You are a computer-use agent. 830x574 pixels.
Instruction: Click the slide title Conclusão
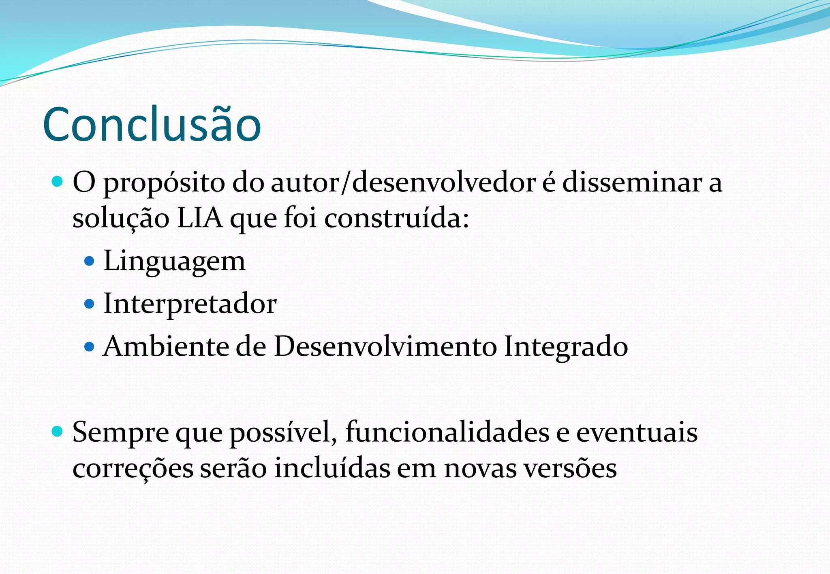pyautogui.click(x=152, y=125)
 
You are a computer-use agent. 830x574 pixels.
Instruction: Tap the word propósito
pyautogui.click(x=164, y=183)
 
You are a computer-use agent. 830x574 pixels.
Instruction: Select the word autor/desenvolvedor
pyautogui.click(x=403, y=183)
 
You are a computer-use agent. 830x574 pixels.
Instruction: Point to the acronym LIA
pyautogui.click(x=200, y=218)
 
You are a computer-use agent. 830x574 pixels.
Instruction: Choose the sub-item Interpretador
pyautogui.click(x=190, y=304)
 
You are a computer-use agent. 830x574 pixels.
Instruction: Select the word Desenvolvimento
pyautogui.click(x=385, y=347)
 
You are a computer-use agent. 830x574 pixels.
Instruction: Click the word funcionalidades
pyautogui.click(x=447, y=432)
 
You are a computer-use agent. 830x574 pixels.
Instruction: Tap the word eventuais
pyautogui.click(x=637, y=432)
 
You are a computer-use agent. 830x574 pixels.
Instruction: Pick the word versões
pyautogui.click(x=570, y=469)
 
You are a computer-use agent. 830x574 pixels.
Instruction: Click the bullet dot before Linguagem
pyautogui.click(x=89, y=261)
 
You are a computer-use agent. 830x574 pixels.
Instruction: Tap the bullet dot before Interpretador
pyautogui.click(x=89, y=304)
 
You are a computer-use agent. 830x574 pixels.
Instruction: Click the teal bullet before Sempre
pyautogui.click(x=58, y=432)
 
